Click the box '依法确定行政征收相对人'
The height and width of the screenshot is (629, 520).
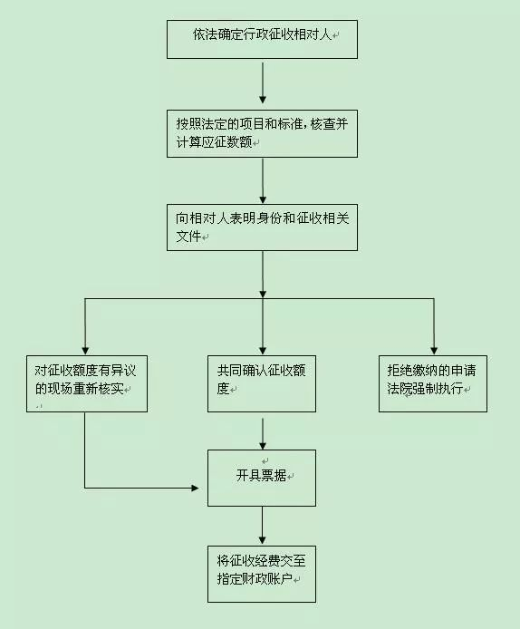(x=262, y=39)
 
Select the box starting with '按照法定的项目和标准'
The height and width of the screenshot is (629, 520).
(x=262, y=133)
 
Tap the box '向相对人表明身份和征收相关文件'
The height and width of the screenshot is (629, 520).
(x=262, y=227)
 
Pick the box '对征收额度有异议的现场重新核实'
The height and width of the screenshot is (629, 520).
(x=87, y=383)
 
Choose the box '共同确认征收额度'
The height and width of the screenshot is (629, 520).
(x=262, y=383)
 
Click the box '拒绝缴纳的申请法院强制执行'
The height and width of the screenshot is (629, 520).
(x=433, y=383)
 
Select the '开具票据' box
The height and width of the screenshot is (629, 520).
(x=262, y=478)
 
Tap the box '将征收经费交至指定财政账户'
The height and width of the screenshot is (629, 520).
(x=262, y=574)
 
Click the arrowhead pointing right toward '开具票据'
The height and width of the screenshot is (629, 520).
(x=196, y=488)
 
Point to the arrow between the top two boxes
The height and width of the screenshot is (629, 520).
(x=263, y=82)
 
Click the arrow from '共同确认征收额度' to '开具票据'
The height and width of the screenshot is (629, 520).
(x=263, y=434)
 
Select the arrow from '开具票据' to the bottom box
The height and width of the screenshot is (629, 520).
(x=262, y=525)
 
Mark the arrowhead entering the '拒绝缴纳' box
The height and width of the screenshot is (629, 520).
(x=434, y=351)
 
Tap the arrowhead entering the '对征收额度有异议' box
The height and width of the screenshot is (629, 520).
(x=85, y=351)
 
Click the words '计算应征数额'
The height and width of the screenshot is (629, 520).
(x=214, y=141)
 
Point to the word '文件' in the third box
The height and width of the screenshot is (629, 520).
(x=188, y=236)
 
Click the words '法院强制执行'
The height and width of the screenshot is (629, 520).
(x=425, y=388)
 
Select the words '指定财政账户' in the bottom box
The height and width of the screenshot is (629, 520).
(x=255, y=578)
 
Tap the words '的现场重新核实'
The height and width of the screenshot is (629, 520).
(x=79, y=388)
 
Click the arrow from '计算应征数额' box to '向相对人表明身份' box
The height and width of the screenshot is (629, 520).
(x=263, y=181)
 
